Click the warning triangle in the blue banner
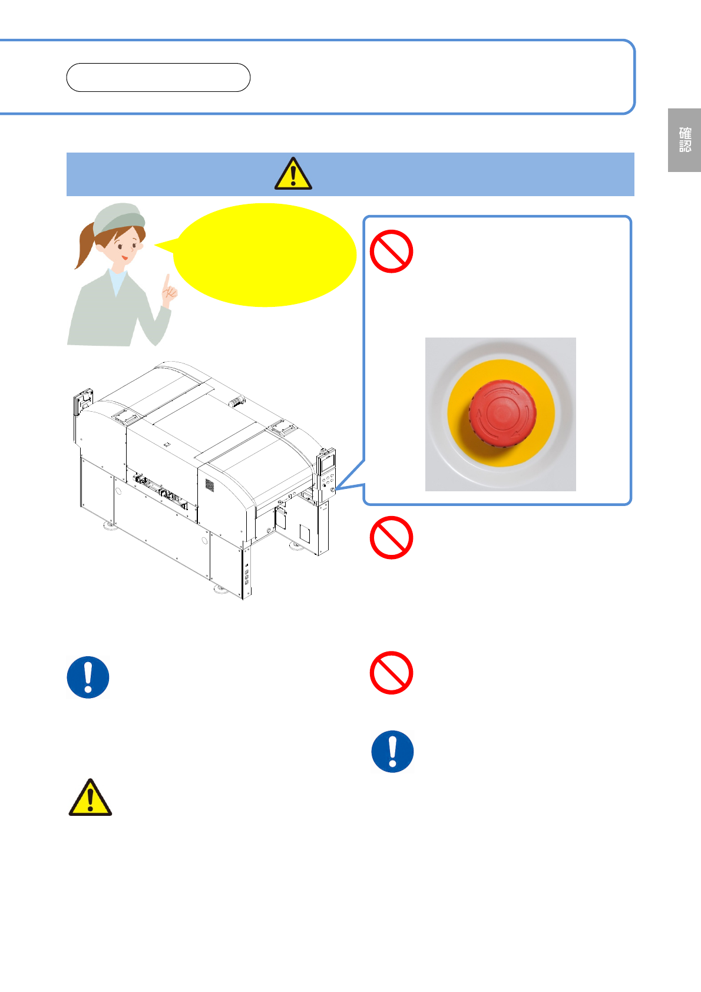(293, 174)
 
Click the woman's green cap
(118, 219)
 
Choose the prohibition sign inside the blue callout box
(392, 251)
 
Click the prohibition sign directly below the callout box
(392, 538)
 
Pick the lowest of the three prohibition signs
(392, 673)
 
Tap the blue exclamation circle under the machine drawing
(88, 677)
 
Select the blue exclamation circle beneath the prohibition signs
(392, 752)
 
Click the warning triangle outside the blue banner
(90, 798)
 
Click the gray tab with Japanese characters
(684, 140)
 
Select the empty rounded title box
(158, 78)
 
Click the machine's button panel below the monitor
(328, 483)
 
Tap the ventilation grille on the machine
(210, 485)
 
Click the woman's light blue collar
(118, 281)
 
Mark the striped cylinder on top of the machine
(237, 401)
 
